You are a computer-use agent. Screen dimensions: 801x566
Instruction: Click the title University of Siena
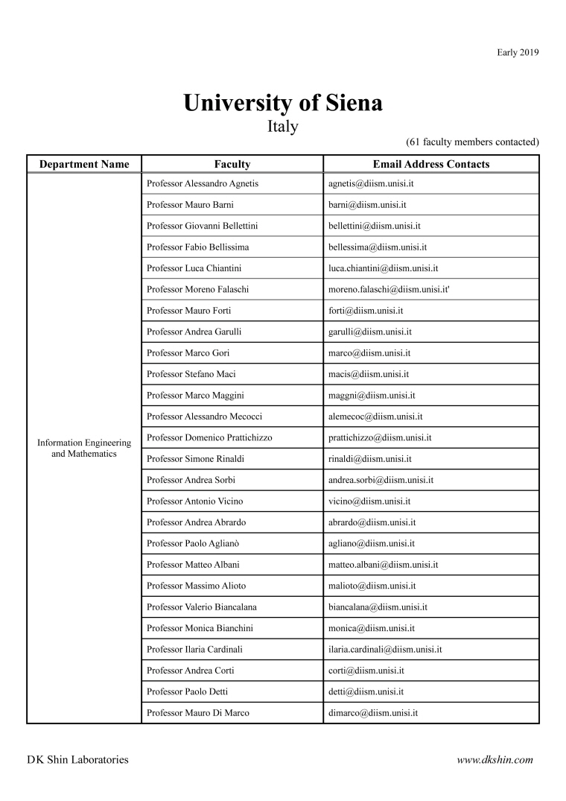point(283,103)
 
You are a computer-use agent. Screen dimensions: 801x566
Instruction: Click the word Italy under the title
point(283,126)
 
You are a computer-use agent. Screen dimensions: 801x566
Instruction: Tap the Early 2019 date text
point(518,52)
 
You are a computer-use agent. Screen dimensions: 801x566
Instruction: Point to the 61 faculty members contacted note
point(472,142)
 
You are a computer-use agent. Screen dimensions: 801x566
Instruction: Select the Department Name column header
point(84,165)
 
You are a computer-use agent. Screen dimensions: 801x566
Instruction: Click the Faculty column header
point(232,165)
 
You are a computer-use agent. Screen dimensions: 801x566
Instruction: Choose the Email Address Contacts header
point(431,165)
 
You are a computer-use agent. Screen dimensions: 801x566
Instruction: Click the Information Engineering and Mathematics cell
point(84,448)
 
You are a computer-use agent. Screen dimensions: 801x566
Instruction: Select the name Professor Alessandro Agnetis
point(203,183)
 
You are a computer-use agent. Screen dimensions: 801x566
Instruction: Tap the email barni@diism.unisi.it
point(366,204)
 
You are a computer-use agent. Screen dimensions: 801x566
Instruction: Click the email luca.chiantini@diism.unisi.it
point(383,268)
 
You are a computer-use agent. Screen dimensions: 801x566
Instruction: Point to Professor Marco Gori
point(188,353)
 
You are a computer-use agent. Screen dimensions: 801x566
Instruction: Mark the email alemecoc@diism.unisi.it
point(375,417)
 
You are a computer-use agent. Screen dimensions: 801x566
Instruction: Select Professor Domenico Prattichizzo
point(209,437)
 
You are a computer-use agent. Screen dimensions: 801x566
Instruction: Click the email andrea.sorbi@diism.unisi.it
point(381,480)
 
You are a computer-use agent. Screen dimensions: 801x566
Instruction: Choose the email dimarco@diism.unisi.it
point(372,713)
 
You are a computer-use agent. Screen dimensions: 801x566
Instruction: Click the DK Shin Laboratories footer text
point(77,760)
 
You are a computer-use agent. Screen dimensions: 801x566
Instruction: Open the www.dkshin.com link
point(495,760)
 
